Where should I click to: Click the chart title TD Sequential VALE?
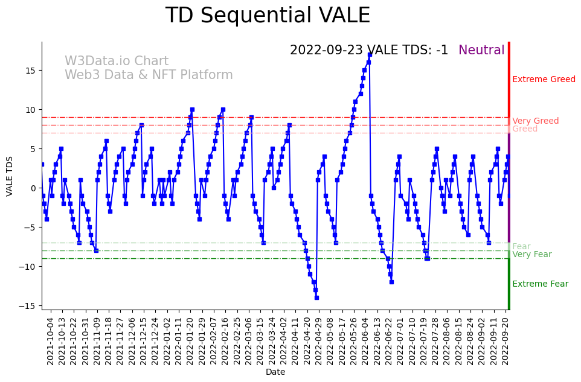tap(268, 16)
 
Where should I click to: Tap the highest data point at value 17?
tap(370, 54)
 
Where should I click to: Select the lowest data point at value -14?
tap(316, 298)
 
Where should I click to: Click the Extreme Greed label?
tap(544, 80)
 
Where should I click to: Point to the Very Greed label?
tap(535, 121)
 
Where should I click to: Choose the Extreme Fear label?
tap(540, 284)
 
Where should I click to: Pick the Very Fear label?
tap(531, 255)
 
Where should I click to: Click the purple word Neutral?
tap(481, 51)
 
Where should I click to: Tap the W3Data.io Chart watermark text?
tap(117, 62)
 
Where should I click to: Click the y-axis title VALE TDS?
tap(10, 175)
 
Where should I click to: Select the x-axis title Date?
tap(275, 372)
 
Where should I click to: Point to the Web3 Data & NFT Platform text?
tap(149, 75)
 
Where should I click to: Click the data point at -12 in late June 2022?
tap(391, 282)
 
